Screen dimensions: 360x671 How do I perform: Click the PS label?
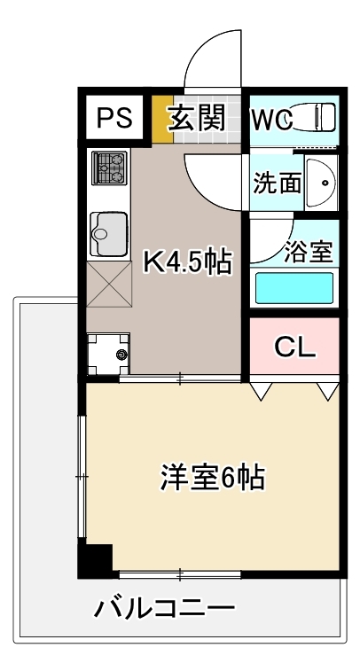[x=114, y=117]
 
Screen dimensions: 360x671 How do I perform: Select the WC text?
[x=273, y=119]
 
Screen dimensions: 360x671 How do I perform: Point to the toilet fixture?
[x=315, y=116]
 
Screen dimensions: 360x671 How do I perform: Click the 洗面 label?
[x=277, y=183]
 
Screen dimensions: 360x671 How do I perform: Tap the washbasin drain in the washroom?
[x=325, y=183]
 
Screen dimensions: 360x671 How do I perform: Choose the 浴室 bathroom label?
[x=309, y=251]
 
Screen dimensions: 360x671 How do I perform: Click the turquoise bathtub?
[x=294, y=288]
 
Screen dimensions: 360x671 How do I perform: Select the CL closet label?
[x=295, y=347]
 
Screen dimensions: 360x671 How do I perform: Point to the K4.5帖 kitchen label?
[x=187, y=261]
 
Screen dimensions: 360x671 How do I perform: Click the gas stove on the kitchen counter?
[x=110, y=168]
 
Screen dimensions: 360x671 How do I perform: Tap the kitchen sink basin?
[x=109, y=234]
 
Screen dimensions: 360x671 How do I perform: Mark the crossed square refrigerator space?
[x=109, y=285]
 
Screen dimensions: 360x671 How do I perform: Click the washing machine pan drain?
[x=122, y=355]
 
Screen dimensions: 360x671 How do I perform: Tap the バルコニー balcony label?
[x=164, y=609]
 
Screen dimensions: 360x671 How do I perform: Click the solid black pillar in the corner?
[x=96, y=560]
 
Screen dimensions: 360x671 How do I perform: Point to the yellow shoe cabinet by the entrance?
[x=162, y=119]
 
